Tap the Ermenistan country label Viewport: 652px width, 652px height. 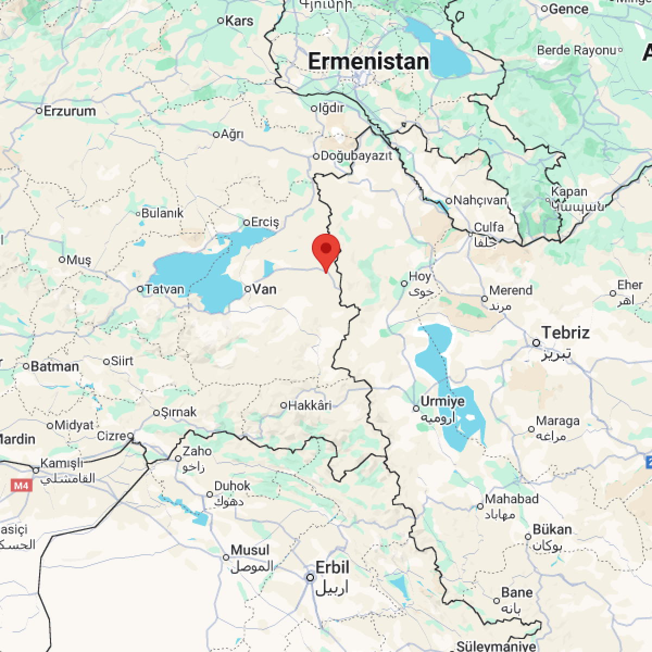coord(368,61)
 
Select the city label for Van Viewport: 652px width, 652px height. coord(265,289)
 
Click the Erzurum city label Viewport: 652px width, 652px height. coord(70,111)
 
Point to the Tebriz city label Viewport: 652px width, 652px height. coord(565,333)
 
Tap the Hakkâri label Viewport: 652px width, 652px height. coord(310,405)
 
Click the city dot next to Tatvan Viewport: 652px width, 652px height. coord(140,289)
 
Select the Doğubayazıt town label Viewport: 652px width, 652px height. coord(356,156)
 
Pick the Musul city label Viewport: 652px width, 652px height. coord(250,550)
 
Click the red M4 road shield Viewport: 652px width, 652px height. coord(21,485)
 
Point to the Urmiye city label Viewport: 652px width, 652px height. coord(443,402)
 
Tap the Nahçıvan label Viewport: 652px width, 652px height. coord(480,200)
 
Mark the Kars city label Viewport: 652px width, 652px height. coord(239,21)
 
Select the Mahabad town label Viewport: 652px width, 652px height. coord(511,499)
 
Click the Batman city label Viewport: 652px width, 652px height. coord(55,366)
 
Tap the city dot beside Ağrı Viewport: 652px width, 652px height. coord(216,134)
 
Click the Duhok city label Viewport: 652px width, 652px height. coord(233,486)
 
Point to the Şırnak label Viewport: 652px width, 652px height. coord(179,412)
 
